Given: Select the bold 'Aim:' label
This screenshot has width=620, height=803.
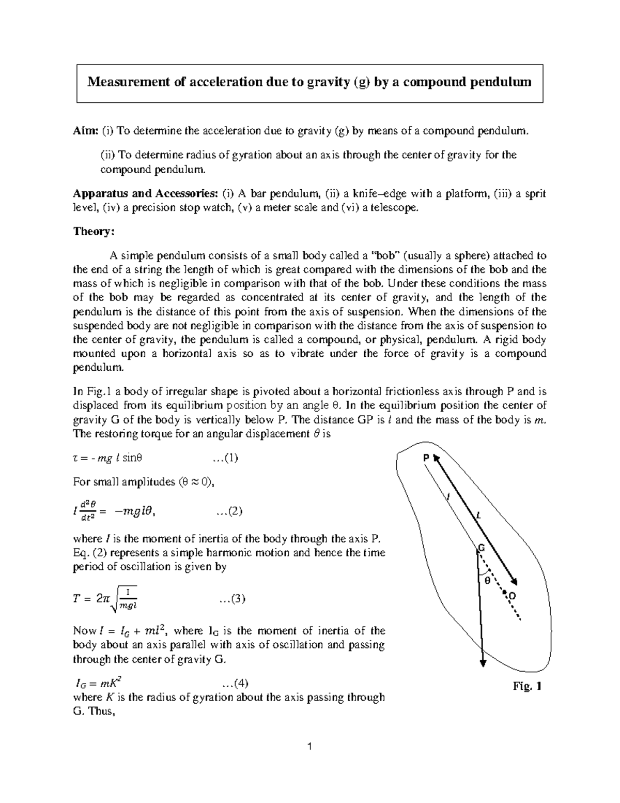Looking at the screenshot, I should coord(86,131).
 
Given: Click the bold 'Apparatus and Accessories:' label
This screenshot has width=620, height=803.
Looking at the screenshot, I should coord(145,194).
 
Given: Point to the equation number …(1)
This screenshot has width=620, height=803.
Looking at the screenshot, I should coord(225,458).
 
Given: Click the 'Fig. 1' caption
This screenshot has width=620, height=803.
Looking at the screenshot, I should coord(526,687).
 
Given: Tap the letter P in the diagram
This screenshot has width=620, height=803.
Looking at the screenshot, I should coord(426,458).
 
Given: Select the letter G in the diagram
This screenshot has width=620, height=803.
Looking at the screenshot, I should coord(481,548).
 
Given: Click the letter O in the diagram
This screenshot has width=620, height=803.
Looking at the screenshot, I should coord(512,596).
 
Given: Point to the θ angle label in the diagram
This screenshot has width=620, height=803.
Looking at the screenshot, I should coord(486,581).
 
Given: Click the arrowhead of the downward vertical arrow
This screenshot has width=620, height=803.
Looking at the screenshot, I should coord(483,664).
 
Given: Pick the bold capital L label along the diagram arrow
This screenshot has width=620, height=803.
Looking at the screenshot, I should coord(478,516).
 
